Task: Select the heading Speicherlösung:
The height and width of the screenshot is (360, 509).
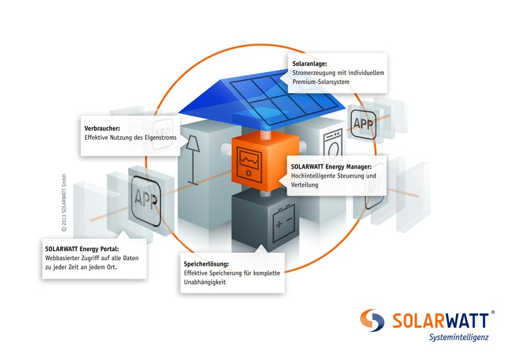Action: pyautogui.click(x=207, y=264)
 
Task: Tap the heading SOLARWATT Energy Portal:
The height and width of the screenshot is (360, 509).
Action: pyautogui.click(x=81, y=248)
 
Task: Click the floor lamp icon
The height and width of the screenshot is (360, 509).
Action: pyautogui.click(x=194, y=157)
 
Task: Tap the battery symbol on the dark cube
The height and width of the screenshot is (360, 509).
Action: pyautogui.click(x=283, y=224)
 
